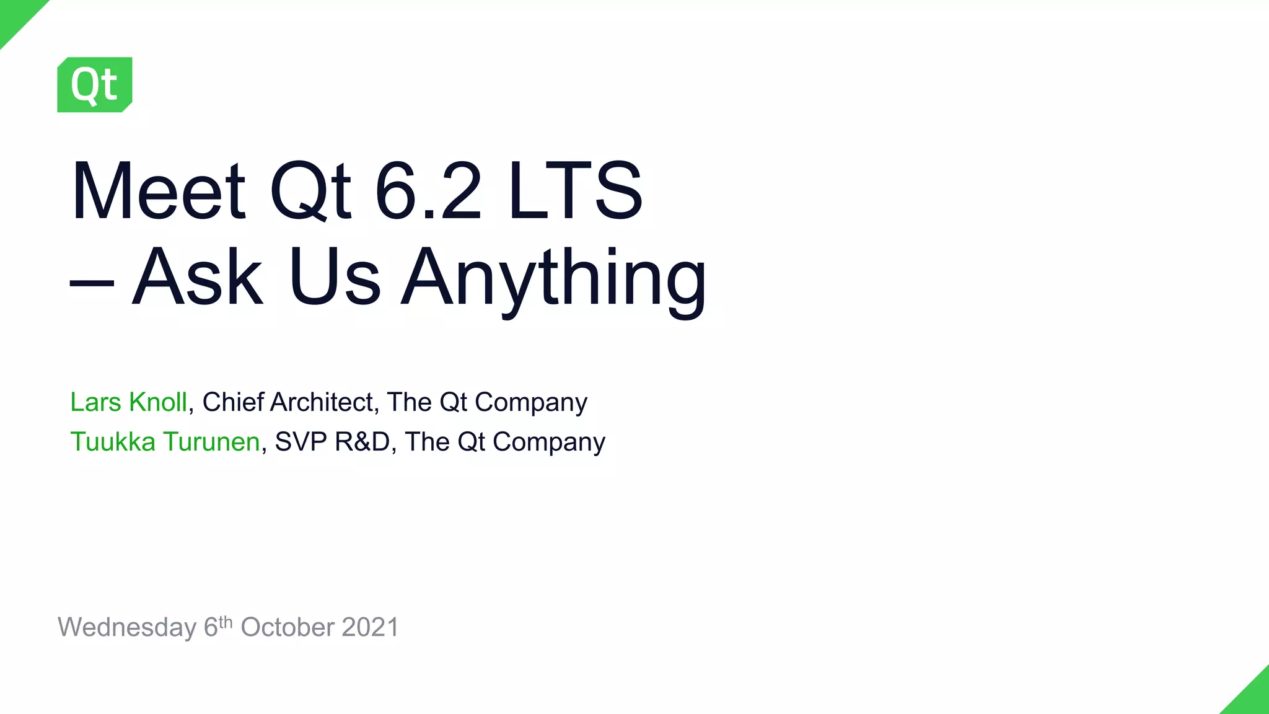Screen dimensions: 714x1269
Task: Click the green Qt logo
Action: click(x=94, y=85)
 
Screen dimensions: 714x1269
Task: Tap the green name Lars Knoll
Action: click(x=128, y=402)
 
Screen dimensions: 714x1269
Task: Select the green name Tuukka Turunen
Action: click(x=165, y=442)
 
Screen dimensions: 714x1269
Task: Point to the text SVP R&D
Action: click(x=332, y=442)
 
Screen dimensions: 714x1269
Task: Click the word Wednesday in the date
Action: click(x=127, y=628)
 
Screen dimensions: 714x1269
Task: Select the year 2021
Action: click(x=370, y=627)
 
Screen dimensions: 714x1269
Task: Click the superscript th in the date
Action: click(x=226, y=622)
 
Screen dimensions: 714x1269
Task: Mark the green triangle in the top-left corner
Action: click(x=15, y=15)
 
